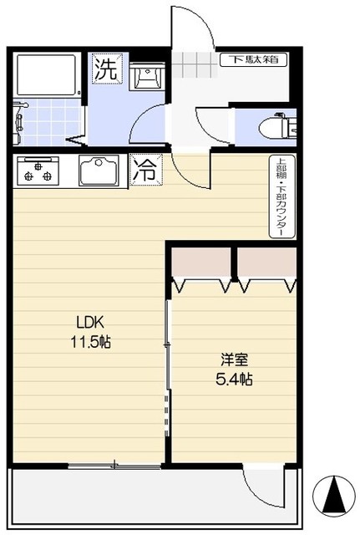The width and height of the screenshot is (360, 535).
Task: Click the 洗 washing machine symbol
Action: click(108, 69)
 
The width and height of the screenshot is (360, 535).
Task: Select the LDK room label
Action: click(90, 322)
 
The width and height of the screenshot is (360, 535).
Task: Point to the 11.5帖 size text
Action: click(91, 342)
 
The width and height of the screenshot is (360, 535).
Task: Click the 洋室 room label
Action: click(234, 359)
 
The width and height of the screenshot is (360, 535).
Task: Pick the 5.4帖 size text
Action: click(234, 379)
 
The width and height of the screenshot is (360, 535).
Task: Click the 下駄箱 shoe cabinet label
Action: click(254, 59)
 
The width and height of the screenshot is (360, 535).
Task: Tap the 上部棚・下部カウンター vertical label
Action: click(282, 197)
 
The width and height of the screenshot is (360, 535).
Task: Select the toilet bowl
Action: click(276, 126)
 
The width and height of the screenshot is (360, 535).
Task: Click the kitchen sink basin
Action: click(99, 170)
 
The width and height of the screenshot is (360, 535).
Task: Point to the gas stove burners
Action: click(38, 171)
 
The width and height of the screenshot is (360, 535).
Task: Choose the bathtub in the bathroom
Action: click(47, 75)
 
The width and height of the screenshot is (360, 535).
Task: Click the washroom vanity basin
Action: click(147, 76)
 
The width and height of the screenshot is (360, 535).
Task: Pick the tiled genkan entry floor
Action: click(195, 64)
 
